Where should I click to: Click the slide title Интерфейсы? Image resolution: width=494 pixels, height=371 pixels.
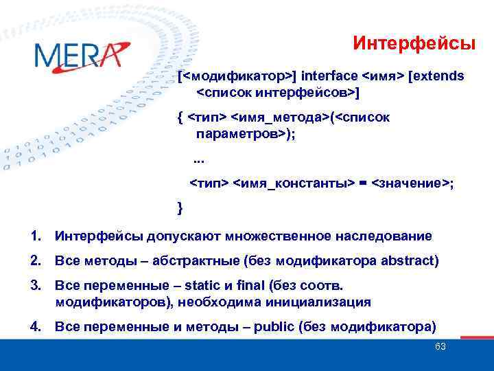[414, 44]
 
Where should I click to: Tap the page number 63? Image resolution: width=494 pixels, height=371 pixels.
[440, 346]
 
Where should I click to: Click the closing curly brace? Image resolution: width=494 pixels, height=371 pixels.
[180, 206]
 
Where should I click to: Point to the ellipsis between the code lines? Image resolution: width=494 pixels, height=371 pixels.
[199, 161]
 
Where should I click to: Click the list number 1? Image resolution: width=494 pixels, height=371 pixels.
[35, 236]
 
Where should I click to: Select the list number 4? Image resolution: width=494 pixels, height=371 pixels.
[35, 326]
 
